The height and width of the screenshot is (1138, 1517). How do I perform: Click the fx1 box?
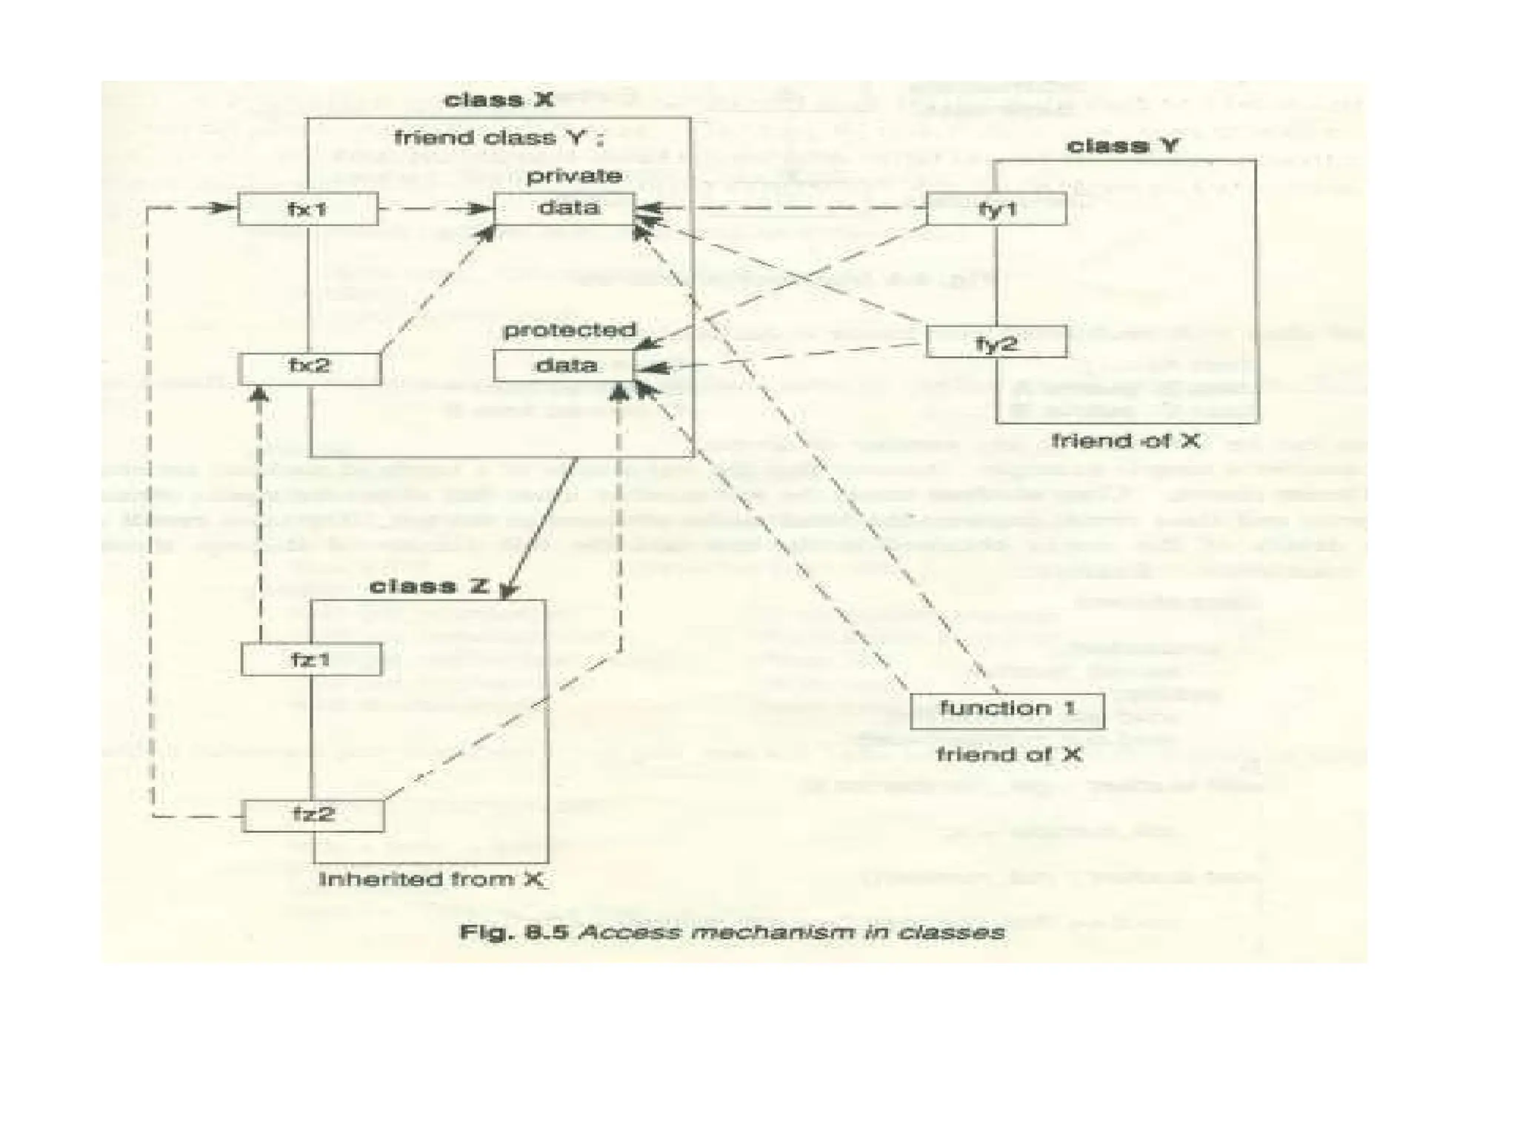[x=307, y=209]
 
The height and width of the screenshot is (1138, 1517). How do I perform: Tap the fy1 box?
[x=996, y=209]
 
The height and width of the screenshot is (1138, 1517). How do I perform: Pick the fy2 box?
[x=996, y=342]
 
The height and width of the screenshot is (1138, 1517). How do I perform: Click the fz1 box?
[x=311, y=659]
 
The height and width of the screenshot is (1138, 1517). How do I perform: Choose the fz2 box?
[x=313, y=816]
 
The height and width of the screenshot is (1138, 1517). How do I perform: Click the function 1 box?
[x=1007, y=711]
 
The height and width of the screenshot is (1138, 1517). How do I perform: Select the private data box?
[x=564, y=208]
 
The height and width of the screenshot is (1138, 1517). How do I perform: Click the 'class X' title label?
[x=499, y=99]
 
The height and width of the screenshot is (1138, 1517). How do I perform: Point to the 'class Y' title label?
[x=1121, y=146]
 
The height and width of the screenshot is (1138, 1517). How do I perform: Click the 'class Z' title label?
[x=429, y=587]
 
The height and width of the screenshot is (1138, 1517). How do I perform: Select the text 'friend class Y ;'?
[x=499, y=139]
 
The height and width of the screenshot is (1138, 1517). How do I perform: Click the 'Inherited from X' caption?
[x=432, y=879]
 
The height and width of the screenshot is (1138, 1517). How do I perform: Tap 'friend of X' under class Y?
[x=1125, y=442]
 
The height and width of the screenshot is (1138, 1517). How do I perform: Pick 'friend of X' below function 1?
[x=1008, y=755]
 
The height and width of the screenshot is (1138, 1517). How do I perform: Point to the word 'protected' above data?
[x=569, y=330]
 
